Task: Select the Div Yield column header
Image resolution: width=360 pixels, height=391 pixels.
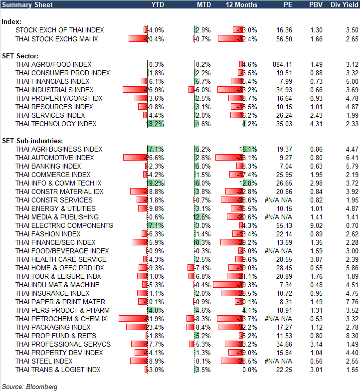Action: pyautogui.click(x=345, y=5)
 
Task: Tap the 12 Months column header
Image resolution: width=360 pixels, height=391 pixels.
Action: pyautogui.click(x=241, y=5)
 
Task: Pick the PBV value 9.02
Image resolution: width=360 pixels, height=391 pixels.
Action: pyautogui.click(x=316, y=225)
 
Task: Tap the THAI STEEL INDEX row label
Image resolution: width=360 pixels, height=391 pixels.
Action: pyautogui.click(x=44, y=361)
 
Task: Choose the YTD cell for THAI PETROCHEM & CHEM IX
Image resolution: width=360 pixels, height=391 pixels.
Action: pyautogui.click(x=155, y=319)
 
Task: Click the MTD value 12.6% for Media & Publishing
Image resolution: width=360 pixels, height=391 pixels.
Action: pyautogui.click(x=202, y=217)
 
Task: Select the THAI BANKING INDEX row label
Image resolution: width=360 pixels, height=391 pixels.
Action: pyautogui.click(x=48, y=166)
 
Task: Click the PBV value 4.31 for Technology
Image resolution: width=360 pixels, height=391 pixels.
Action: pyautogui.click(x=316, y=124)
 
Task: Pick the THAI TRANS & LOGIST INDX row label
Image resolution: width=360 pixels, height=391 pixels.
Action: pyautogui.click(x=58, y=370)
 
